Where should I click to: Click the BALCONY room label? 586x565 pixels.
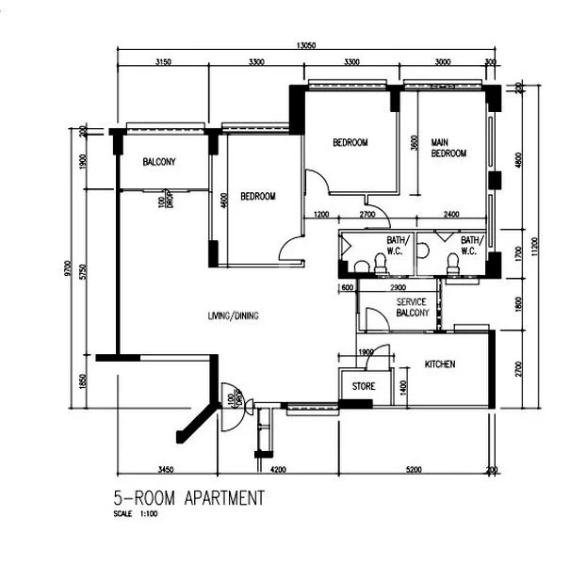tap(159, 162)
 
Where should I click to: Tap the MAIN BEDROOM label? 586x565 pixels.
tap(448, 148)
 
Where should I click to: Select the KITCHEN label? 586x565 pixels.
tap(441, 363)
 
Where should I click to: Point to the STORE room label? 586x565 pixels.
tap(365, 386)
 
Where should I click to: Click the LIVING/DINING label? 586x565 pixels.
tap(234, 315)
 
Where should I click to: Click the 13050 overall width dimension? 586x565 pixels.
tap(303, 45)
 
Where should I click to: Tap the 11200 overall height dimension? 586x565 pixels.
tap(534, 247)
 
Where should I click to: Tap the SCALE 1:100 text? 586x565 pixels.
tap(137, 514)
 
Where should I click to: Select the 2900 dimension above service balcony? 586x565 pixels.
tap(397, 286)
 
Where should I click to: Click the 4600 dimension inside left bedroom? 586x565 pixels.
tap(224, 200)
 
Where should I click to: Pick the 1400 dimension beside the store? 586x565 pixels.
tap(403, 386)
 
